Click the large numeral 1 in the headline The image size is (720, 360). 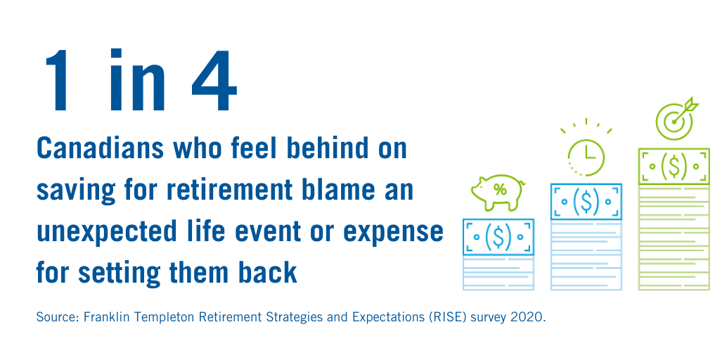coord(58,80)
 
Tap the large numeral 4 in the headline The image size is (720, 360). coord(214,80)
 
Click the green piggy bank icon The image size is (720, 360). coord(498,192)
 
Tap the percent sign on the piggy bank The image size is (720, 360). coord(500,189)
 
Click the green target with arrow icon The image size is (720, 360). coord(677,118)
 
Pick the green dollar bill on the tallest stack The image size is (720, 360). coord(674,166)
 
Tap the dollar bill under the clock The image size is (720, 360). coord(586,201)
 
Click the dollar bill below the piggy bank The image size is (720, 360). coord(499,237)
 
